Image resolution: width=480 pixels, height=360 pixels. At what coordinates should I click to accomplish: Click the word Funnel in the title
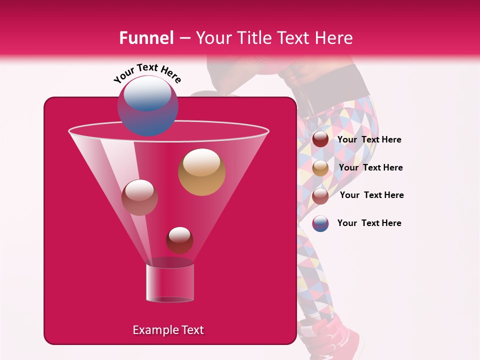[x=146, y=38]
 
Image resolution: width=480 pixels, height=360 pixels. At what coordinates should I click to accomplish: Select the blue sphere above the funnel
[x=147, y=105]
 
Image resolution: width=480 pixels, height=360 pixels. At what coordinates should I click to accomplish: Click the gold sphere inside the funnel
[x=201, y=171]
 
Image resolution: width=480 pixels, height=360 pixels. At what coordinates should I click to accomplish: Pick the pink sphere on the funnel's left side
[x=139, y=197]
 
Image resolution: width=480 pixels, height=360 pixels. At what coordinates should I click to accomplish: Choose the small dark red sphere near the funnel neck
[x=179, y=240]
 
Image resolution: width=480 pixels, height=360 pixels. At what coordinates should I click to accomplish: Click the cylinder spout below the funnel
[x=169, y=283]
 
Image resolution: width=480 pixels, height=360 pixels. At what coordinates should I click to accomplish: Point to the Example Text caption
[x=168, y=330]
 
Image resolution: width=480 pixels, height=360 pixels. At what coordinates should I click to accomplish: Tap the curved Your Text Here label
[x=147, y=73]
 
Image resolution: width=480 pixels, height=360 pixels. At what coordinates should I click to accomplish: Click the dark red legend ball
[x=320, y=139]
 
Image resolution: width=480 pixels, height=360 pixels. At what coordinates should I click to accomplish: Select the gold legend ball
[x=320, y=168]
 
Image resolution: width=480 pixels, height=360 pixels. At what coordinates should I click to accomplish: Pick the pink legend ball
[x=320, y=196]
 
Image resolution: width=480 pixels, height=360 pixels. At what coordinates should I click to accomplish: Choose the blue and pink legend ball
[x=320, y=223]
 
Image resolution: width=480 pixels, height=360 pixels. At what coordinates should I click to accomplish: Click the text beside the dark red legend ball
[x=369, y=140]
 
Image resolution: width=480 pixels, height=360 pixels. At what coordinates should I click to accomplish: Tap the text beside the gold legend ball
[x=370, y=168]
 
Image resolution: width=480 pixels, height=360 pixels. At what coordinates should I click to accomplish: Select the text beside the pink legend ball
[x=371, y=195]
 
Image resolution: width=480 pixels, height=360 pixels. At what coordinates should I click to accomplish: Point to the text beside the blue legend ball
[x=369, y=223]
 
